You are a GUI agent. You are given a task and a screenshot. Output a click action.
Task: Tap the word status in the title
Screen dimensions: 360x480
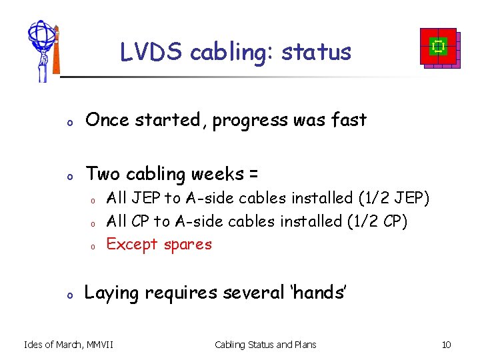point(316,52)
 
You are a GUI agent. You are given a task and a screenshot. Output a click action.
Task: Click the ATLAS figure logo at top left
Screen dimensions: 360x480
point(43,51)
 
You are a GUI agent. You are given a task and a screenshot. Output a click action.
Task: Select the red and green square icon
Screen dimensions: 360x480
point(438,47)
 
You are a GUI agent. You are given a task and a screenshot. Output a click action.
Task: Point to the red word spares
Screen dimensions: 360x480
point(187,245)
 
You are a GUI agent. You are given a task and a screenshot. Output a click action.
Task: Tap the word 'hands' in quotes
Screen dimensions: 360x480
point(317,293)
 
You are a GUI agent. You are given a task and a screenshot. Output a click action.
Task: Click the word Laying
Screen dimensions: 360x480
point(109,293)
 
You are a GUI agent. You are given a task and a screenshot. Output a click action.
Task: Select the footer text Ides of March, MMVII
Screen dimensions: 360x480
point(68,345)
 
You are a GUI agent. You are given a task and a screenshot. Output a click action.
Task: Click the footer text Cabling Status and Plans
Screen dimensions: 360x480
point(265,345)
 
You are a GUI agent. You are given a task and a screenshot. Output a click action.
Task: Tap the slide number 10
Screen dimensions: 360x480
point(446,345)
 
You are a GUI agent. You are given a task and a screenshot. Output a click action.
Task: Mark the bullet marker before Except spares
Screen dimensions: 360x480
point(95,246)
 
